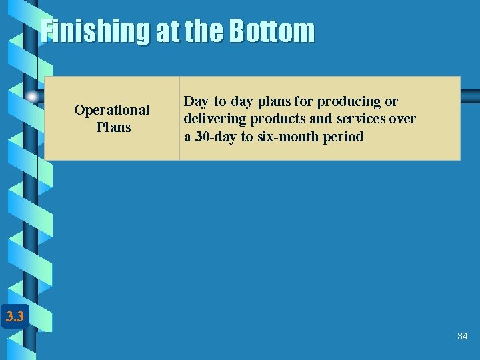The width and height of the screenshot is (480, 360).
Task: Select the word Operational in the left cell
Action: [112, 109]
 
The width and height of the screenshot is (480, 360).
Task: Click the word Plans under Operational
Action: [113, 127]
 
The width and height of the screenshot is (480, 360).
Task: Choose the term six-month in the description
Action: [295, 137]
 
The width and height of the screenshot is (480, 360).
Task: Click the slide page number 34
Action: [462, 337]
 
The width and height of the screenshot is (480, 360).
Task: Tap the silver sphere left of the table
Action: [32, 97]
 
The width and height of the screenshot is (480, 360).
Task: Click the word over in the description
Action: [403, 119]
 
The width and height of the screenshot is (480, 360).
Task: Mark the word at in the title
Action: [166, 31]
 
